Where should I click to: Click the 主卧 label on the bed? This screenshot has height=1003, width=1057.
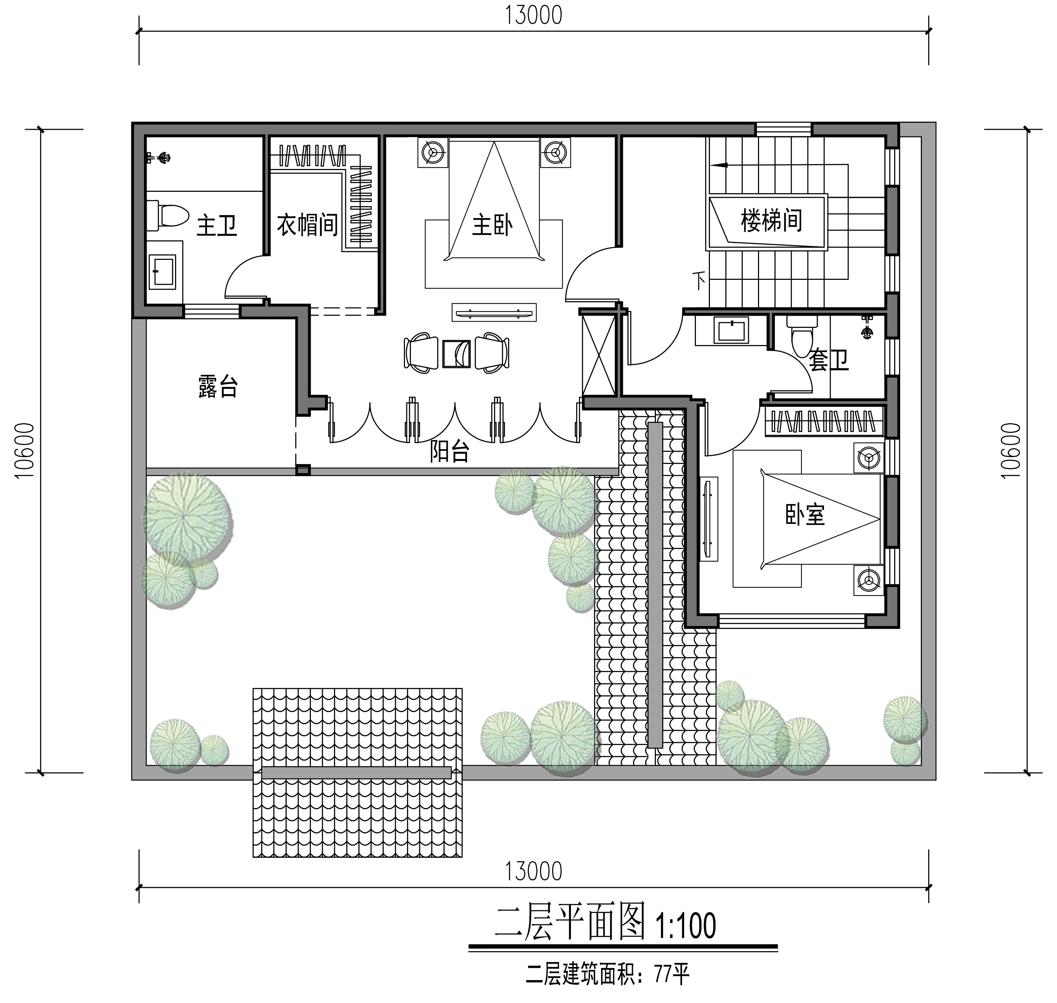[x=492, y=225]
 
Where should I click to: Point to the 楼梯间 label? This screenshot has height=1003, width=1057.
[x=771, y=220]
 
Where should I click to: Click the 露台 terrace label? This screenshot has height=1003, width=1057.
[x=218, y=386]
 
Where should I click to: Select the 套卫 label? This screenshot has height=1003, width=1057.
[x=828, y=360]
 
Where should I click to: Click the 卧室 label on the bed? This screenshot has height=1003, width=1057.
[x=805, y=514]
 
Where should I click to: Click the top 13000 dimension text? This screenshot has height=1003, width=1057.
[x=533, y=15]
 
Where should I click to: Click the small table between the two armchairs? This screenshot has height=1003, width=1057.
[x=456, y=354]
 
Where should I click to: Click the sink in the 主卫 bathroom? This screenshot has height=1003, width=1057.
[x=162, y=271]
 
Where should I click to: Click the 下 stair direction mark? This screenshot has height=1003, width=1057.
[x=699, y=280]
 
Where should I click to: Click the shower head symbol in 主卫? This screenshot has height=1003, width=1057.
[x=162, y=158]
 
